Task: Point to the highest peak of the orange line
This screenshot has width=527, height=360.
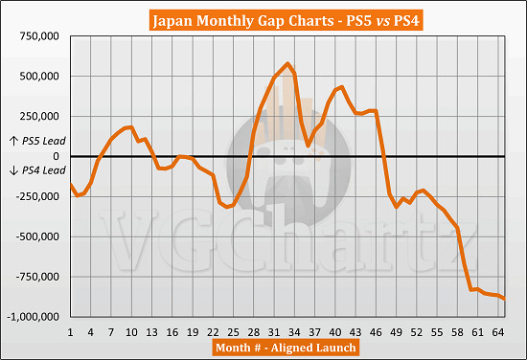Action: [287, 64]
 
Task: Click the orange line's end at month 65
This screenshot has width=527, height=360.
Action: [505, 300]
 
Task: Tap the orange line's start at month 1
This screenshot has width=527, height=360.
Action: [71, 184]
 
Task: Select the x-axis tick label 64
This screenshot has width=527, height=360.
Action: [498, 330]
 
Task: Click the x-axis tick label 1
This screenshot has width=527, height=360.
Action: [71, 330]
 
